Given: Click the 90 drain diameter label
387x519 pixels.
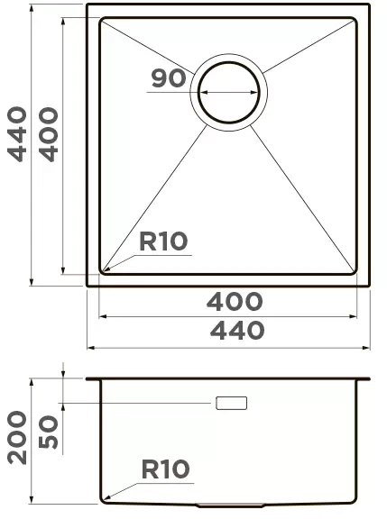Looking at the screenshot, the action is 169,78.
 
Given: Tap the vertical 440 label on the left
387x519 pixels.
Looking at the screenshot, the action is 17,134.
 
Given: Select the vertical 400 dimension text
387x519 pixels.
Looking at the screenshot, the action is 49,134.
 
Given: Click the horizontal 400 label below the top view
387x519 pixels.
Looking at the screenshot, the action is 235,301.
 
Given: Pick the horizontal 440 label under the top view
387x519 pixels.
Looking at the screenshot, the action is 237,331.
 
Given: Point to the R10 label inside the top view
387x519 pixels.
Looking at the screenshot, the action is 163,241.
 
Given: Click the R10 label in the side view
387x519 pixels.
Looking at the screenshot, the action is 165,469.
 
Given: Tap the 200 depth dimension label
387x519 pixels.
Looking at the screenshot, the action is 17,438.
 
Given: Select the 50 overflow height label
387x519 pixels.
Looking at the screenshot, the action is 49,432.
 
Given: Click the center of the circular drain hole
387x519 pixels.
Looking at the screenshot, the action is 228,92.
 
